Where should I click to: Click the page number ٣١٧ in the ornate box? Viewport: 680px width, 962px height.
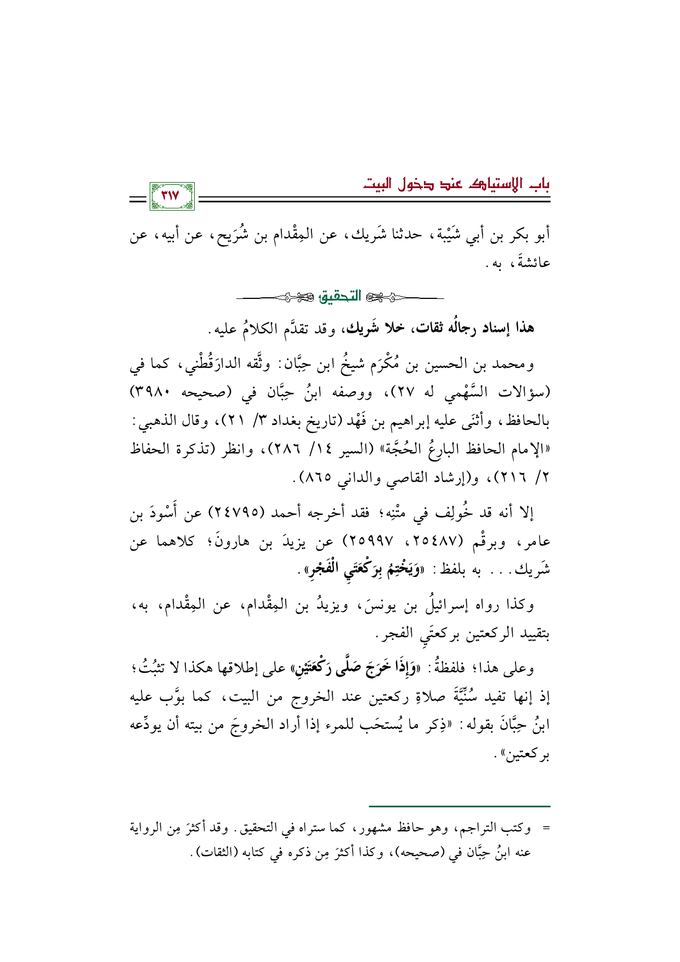click(172, 196)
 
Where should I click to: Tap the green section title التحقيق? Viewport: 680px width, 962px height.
click(340, 297)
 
